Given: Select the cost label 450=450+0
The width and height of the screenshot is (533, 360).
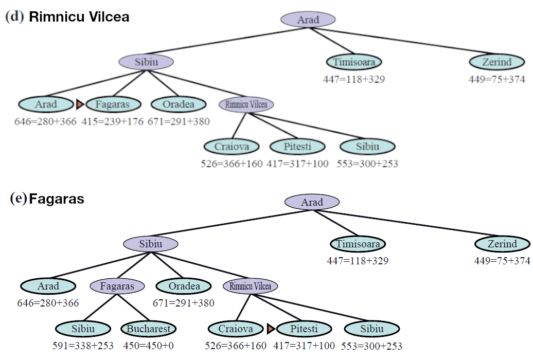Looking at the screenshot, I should (x=149, y=346).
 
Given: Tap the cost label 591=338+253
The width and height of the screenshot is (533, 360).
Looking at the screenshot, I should (x=83, y=346).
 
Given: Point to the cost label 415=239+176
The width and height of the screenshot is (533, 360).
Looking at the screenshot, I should (x=112, y=122).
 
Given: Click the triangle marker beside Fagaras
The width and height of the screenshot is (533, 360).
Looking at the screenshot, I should (x=80, y=104).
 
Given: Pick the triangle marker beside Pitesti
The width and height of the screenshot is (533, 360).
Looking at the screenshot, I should (x=271, y=329).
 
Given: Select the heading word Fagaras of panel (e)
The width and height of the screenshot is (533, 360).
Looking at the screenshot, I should (x=57, y=199).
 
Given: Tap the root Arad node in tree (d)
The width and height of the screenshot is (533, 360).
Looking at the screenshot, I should (x=308, y=20).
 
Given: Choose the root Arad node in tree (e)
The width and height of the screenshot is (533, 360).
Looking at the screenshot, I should (x=312, y=202).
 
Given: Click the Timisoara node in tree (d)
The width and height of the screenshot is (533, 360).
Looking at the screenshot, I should (x=354, y=62).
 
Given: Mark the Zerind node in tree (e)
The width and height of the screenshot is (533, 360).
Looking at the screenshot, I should (x=502, y=244).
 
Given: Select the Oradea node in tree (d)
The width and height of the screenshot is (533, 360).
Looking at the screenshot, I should (x=179, y=104).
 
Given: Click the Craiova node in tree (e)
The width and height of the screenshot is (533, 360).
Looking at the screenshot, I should (x=236, y=329).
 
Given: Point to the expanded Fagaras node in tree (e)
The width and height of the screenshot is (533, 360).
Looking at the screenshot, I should (x=117, y=286).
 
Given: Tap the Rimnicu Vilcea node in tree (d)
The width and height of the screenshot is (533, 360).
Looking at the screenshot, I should (x=246, y=104).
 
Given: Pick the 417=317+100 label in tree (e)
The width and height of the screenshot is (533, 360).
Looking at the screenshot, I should (x=304, y=346).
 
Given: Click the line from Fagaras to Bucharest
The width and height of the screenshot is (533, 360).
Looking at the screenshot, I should (x=133, y=307).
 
